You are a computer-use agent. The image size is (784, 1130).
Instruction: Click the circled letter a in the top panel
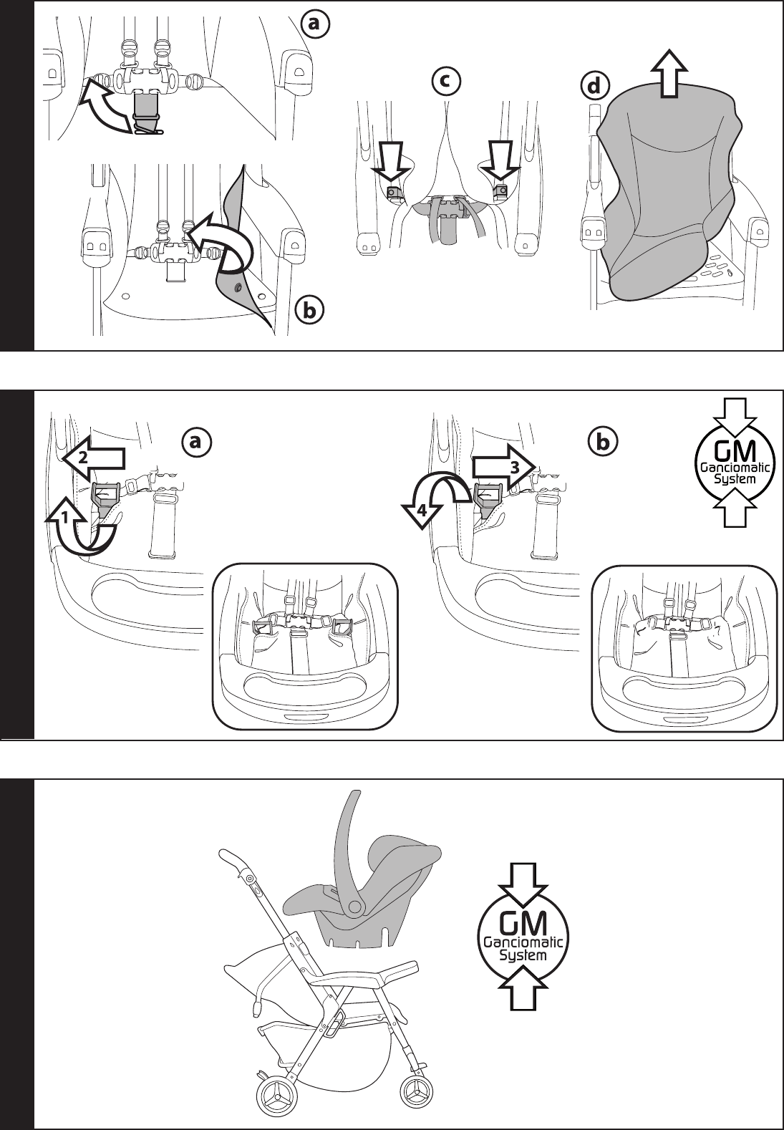[315, 24]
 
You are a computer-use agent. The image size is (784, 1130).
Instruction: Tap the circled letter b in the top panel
[309, 310]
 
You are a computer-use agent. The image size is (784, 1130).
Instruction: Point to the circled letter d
[592, 86]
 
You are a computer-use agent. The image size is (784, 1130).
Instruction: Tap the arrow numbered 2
[92, 457]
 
